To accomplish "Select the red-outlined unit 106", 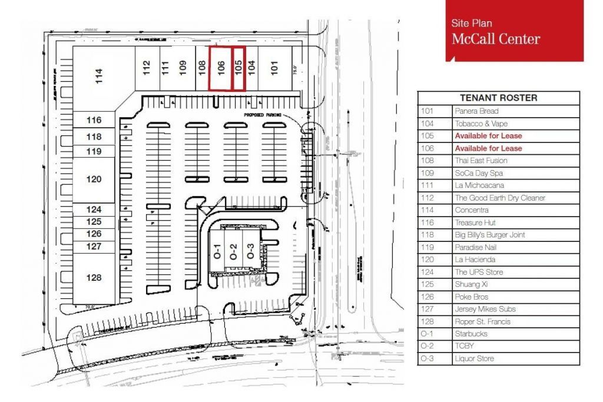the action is (221, 68).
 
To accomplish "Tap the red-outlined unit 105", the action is (238, 68).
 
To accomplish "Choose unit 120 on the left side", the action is (94, 180).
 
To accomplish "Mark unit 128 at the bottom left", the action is (94, 278).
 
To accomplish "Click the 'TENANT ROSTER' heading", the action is (498, 98).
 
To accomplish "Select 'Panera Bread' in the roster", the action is (476, 111).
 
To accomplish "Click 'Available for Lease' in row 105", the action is (488, 136).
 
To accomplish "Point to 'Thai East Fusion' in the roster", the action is (481, 161).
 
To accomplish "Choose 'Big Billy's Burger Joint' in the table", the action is (490, 235).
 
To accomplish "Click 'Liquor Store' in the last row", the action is (474, 358).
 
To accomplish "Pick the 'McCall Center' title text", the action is (495, 39).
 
